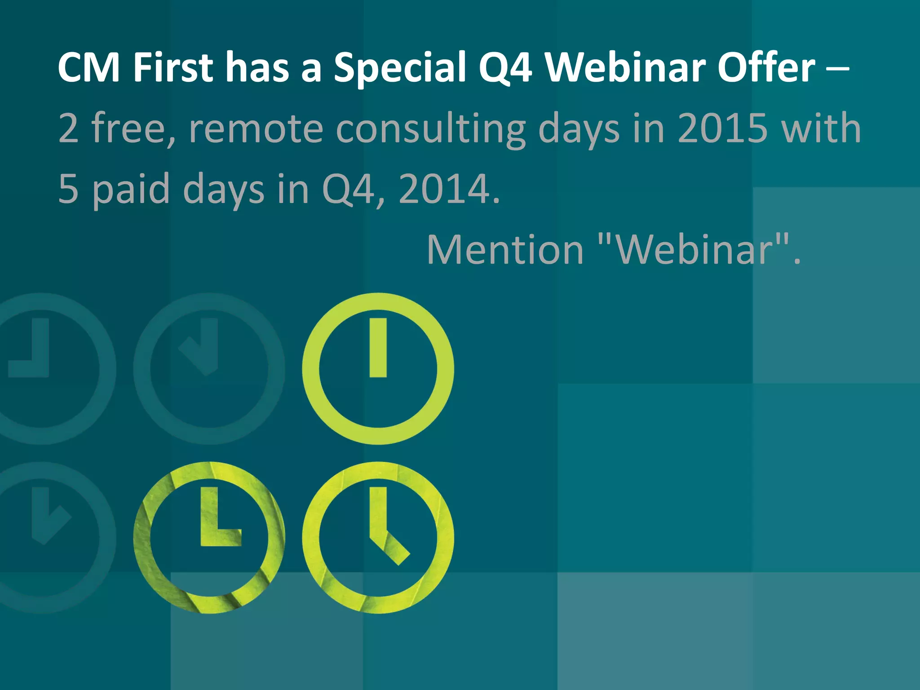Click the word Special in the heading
click(x=399, y=68)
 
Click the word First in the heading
click(x=173, y=68)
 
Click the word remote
click(x=256, y=129)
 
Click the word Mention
click(x=505, y=250)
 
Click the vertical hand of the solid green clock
click(x=378, y=348)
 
